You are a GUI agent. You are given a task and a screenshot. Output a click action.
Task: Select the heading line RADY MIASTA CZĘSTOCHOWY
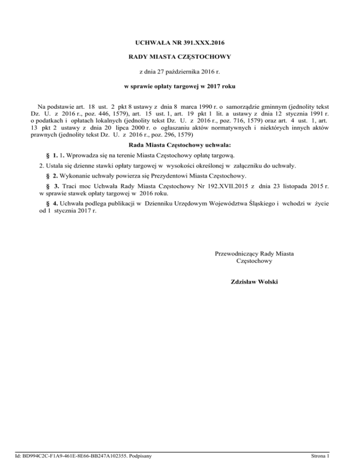click(x=180, y=58)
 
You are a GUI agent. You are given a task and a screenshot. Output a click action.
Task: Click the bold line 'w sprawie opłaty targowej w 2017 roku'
click(x=180, y=87)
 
